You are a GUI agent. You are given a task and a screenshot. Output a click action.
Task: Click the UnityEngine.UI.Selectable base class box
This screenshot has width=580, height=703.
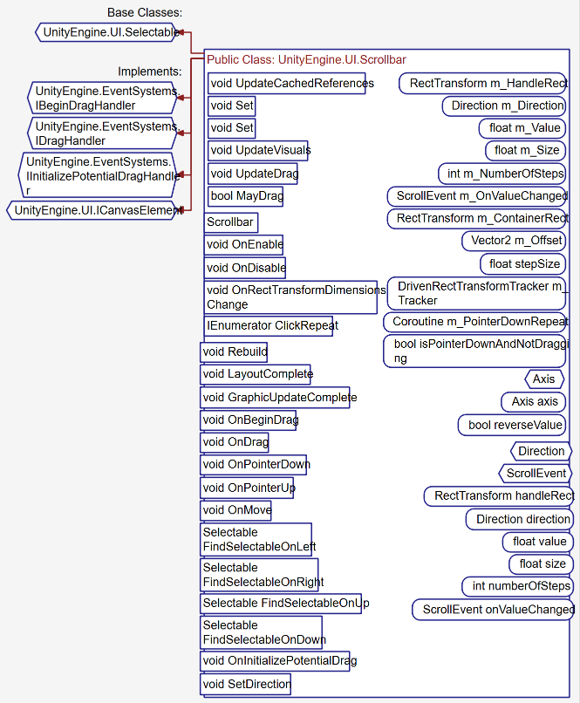(x=107, y=32)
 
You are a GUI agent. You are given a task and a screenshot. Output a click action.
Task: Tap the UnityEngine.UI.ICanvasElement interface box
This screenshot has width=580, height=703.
(x=95, y=210)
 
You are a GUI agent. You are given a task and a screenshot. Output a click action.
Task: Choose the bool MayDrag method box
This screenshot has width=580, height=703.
(x=246, y=196)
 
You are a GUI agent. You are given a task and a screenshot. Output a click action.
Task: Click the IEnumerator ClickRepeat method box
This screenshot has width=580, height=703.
(x=270, y=326)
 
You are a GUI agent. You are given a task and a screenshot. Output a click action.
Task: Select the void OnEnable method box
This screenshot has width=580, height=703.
(x=243, y=245)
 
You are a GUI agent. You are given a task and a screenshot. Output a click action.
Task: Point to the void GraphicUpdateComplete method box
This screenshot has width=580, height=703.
(x=276, y=398)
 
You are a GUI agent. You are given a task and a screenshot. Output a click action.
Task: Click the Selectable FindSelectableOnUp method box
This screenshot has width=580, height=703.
(x=280, y=604)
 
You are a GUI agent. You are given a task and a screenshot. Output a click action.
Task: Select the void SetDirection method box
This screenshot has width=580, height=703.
(x=245, y=685)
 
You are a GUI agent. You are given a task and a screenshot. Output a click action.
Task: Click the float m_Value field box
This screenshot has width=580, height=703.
(x=523, y=128)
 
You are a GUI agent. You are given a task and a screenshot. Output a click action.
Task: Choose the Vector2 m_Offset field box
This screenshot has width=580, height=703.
(x=514, y=240)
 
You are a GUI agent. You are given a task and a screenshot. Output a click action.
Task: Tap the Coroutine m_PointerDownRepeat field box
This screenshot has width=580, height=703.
(x=476, y=322)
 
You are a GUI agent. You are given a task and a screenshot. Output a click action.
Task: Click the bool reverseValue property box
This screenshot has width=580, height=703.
(x=513, y=425)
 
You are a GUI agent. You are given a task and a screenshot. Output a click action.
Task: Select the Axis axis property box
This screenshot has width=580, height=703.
(x=534, y=402)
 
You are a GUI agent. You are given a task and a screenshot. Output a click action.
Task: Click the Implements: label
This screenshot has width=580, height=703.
(x=149, y=72)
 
